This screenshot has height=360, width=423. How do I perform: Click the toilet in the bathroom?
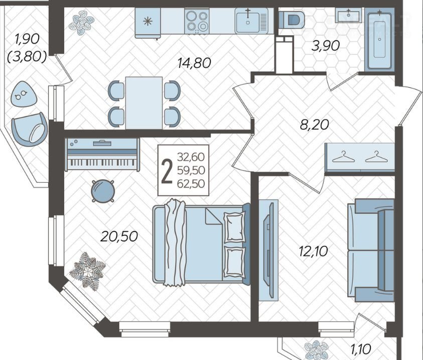[x=292, y=20]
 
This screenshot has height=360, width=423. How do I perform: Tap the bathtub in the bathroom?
[x=379, y=39]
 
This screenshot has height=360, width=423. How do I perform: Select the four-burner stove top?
[x=197, y=21]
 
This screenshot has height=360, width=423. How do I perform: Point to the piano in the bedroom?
[x=102, y=154]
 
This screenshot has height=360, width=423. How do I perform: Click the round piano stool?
[x=103, y=191]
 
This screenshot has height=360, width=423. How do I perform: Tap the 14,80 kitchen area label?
[x=194, y=63]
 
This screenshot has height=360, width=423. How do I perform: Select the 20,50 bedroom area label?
[x=119, y=236]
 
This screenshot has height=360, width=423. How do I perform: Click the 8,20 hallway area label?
[x=315, y=125]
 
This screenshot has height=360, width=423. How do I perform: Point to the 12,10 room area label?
[x=314, y=251]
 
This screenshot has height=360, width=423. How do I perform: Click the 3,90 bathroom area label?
[x=325, y=46]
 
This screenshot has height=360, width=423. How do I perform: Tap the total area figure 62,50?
[x=191, y=184]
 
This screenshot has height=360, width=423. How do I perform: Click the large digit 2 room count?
[x=167, y=171]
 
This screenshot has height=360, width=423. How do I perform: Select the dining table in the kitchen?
[x=144, y=103]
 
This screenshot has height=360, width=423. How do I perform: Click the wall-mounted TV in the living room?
[x=268, y=250]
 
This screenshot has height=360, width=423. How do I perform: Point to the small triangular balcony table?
[x=23, y=94]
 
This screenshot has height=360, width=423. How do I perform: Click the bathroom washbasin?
[x=349, y=13]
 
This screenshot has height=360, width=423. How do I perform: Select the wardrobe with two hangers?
[x=360, y=157]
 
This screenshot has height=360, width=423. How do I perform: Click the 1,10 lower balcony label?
[x=361, y=349]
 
